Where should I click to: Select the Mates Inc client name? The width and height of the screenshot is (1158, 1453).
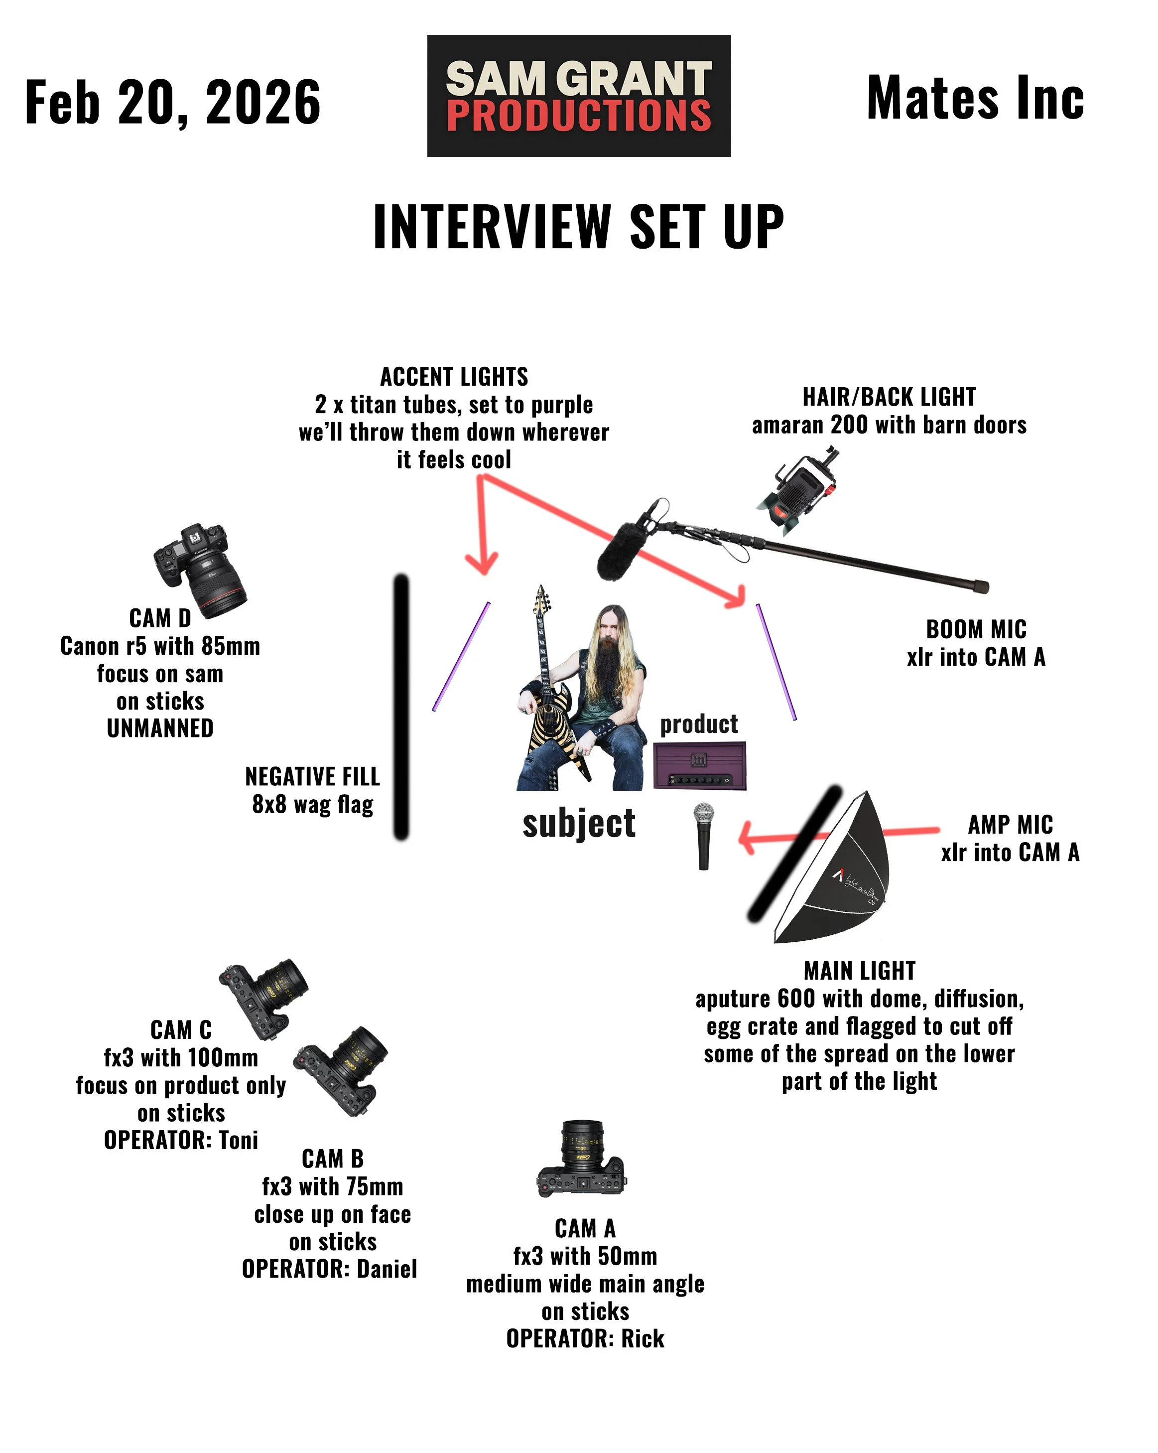click(975, 98)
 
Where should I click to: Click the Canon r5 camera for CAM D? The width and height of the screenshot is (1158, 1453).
click(201, 569)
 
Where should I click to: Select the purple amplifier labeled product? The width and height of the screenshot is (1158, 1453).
click(699, 765)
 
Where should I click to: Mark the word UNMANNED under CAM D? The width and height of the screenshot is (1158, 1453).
click(160, 728)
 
